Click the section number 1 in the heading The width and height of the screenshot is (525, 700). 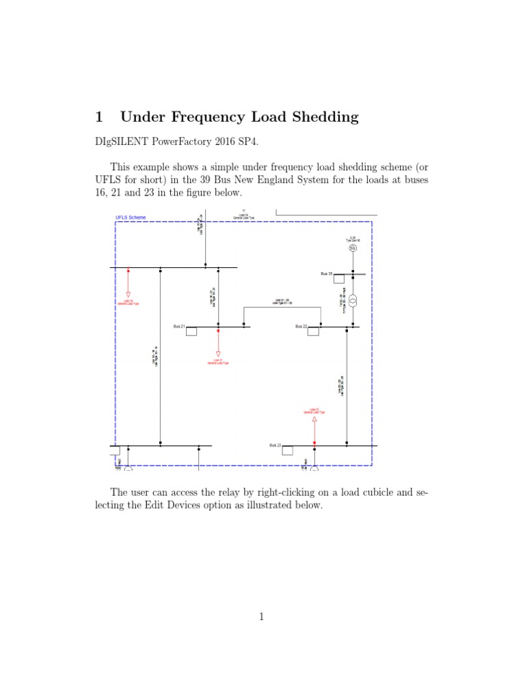99,117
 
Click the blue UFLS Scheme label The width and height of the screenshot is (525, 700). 131,218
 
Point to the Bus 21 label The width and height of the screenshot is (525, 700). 178,327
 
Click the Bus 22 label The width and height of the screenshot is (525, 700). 301,327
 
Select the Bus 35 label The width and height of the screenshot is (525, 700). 326,273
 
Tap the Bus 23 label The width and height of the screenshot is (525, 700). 275,445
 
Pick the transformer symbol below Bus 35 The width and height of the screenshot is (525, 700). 353,301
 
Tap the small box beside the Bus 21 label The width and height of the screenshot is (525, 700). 191,332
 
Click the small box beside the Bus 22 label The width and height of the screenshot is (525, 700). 314,332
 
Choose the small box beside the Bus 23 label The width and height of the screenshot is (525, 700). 287,450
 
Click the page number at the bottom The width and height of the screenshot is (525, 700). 261,617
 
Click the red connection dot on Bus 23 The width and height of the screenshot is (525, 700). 314,443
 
